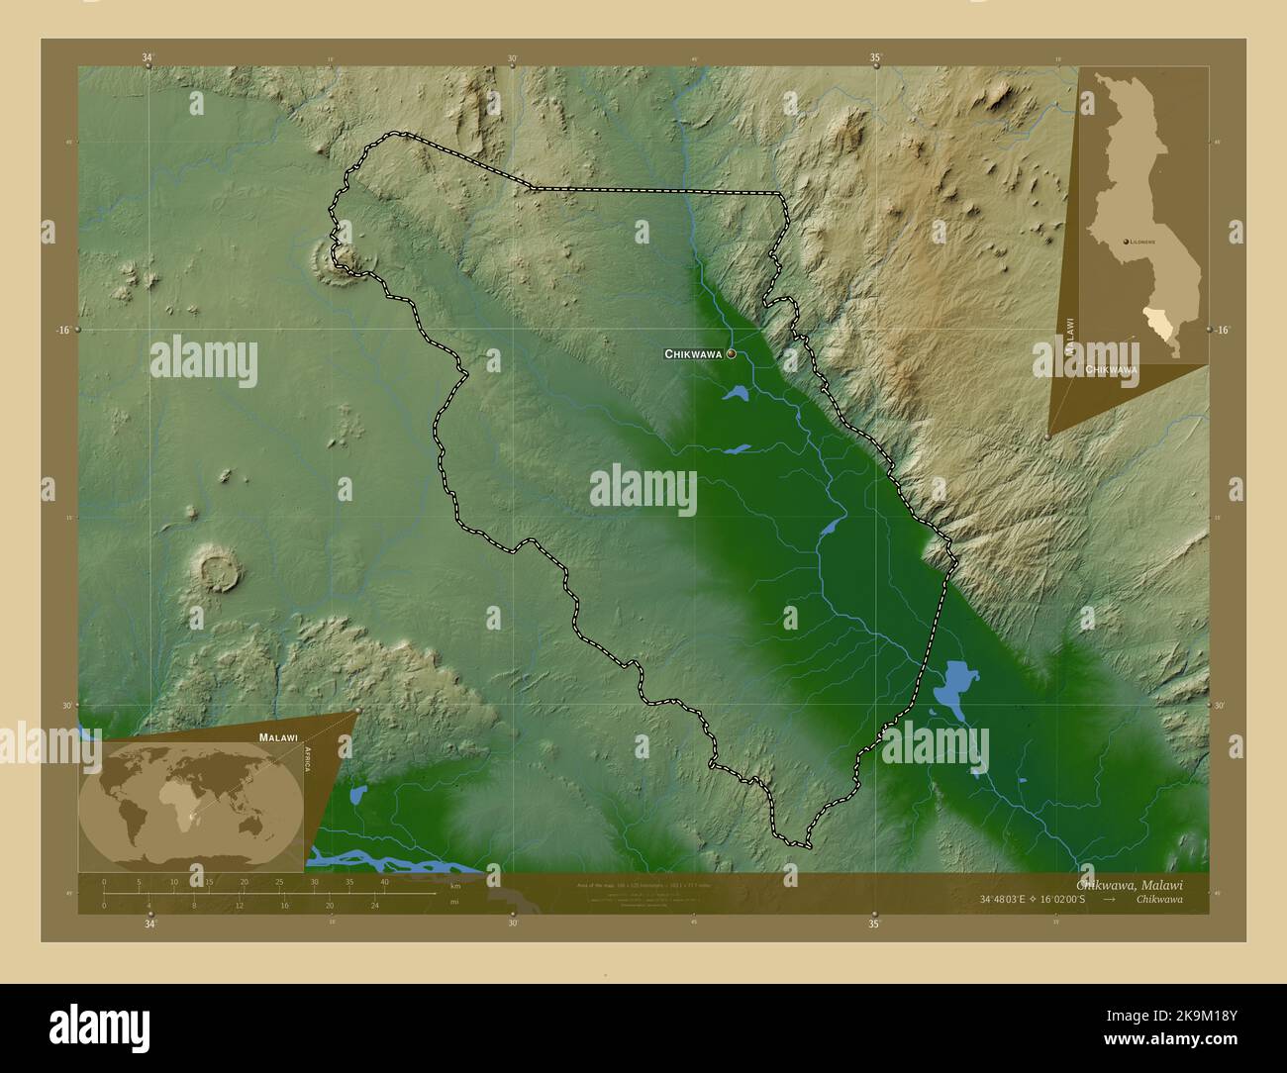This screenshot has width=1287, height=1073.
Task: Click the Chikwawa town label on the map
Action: point(693,353)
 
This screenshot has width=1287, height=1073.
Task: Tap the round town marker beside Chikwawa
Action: point(731,352)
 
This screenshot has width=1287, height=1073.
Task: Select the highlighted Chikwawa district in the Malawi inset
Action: point(1158,321)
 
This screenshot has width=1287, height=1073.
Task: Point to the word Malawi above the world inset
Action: point(278,737)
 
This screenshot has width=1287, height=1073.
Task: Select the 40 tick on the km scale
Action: point(384,881)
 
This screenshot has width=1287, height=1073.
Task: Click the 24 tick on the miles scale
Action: point(374,905)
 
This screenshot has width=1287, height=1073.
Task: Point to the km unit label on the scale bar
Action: point(455,885)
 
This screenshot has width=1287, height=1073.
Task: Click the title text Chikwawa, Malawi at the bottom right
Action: point(1129,884)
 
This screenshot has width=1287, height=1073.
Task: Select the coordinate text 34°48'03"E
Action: point(1013,899)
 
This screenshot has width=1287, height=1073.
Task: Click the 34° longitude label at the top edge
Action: point(148,58)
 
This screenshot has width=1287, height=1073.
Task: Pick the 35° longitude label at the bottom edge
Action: point(874,925)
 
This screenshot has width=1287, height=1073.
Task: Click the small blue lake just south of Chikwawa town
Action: point(736,394)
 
